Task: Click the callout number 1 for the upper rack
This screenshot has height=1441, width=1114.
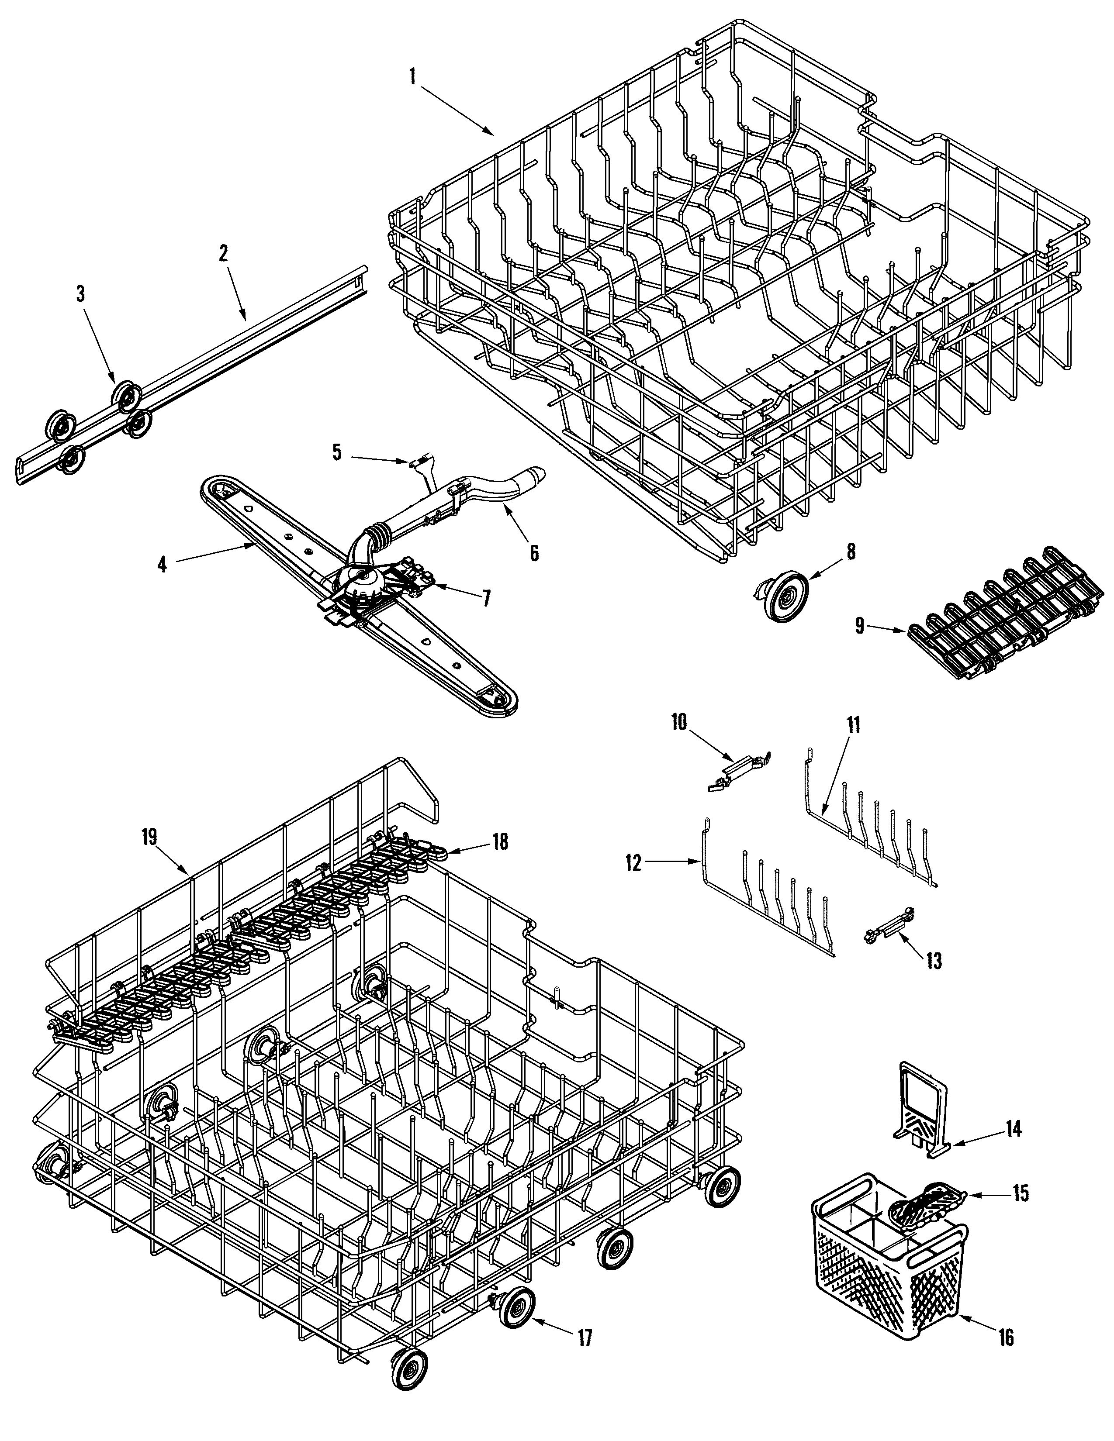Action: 412,77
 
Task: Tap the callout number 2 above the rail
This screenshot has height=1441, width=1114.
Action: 223,253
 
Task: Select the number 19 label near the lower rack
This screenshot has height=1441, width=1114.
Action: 149,837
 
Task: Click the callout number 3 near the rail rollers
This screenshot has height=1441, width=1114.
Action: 80,294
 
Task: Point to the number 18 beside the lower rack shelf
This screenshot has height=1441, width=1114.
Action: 500,842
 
